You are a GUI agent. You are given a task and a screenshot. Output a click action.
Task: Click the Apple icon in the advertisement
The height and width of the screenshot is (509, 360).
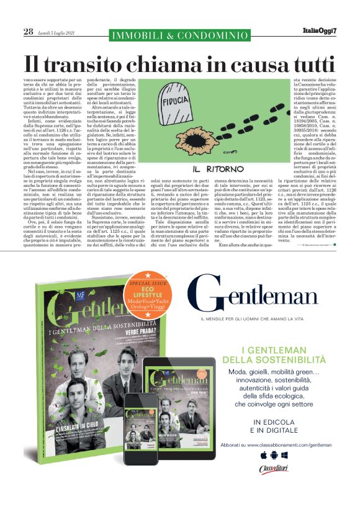[263, 456]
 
